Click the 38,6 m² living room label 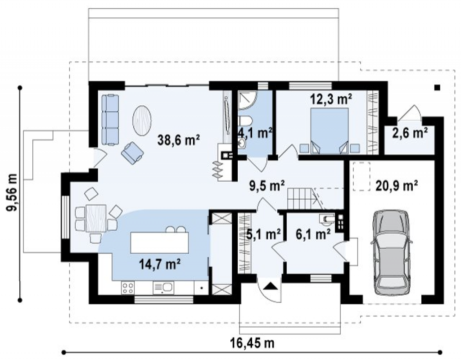click(x=179, y=139)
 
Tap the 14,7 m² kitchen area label click(x=160, y=264)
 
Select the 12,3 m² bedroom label click(x=331, y=99)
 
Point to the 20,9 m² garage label click(x=397, y=185)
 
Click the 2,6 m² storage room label click(x=410, y=133)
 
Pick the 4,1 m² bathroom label click(x=255, y=133)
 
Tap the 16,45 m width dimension click(x=252, y=343)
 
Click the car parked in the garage click(x=391, y=252)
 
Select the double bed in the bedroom click(x=330, y=131)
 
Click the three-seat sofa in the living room click(x=110, y=120)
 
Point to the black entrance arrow click(x=270, y=286)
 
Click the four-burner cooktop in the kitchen click(x=128, y=288)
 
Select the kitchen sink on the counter click(x=163, y=288)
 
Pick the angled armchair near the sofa click(x=132, y=153)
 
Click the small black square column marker click(x=437, y=87)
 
